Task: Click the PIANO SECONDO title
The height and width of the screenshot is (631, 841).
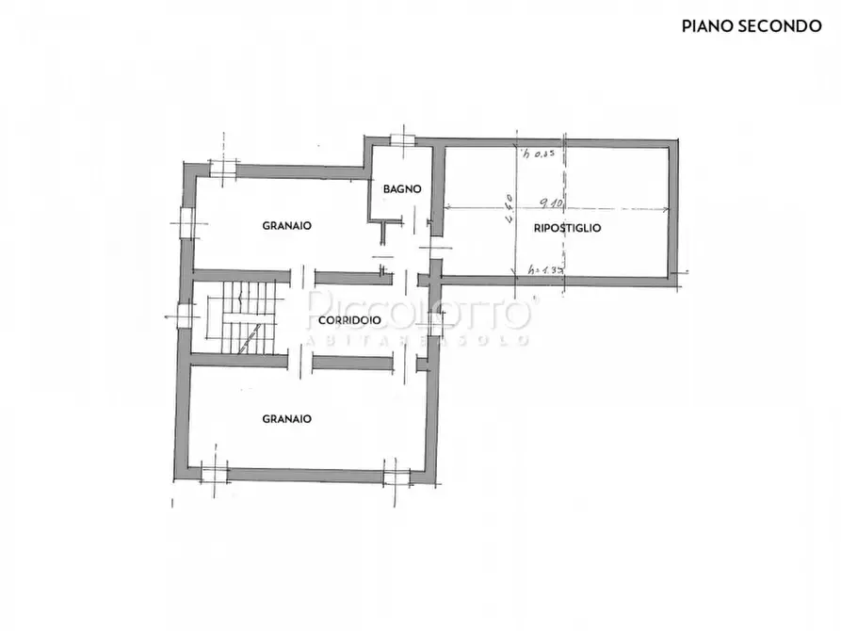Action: click(x=751, y=26)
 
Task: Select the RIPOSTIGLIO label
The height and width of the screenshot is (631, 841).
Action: click(x=567, y=228)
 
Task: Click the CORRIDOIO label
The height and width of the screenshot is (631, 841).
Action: click(x=349, y=320)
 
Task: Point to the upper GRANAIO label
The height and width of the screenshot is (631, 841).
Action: click(x=287, y=226)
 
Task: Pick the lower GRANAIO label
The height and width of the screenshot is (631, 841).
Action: click(x=287, y=419)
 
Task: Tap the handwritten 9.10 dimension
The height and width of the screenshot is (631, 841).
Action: click(x=552, y=201)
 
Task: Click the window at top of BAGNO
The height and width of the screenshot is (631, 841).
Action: click(x=403, y=140)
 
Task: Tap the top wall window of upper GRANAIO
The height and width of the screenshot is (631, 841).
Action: click(x=223, y=170)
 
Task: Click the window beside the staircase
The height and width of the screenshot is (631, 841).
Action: click(x=186, y=317)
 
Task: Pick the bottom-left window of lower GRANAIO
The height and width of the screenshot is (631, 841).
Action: click(x=215, y=472)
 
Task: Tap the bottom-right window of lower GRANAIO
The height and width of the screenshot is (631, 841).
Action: click(x=396, y=474)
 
